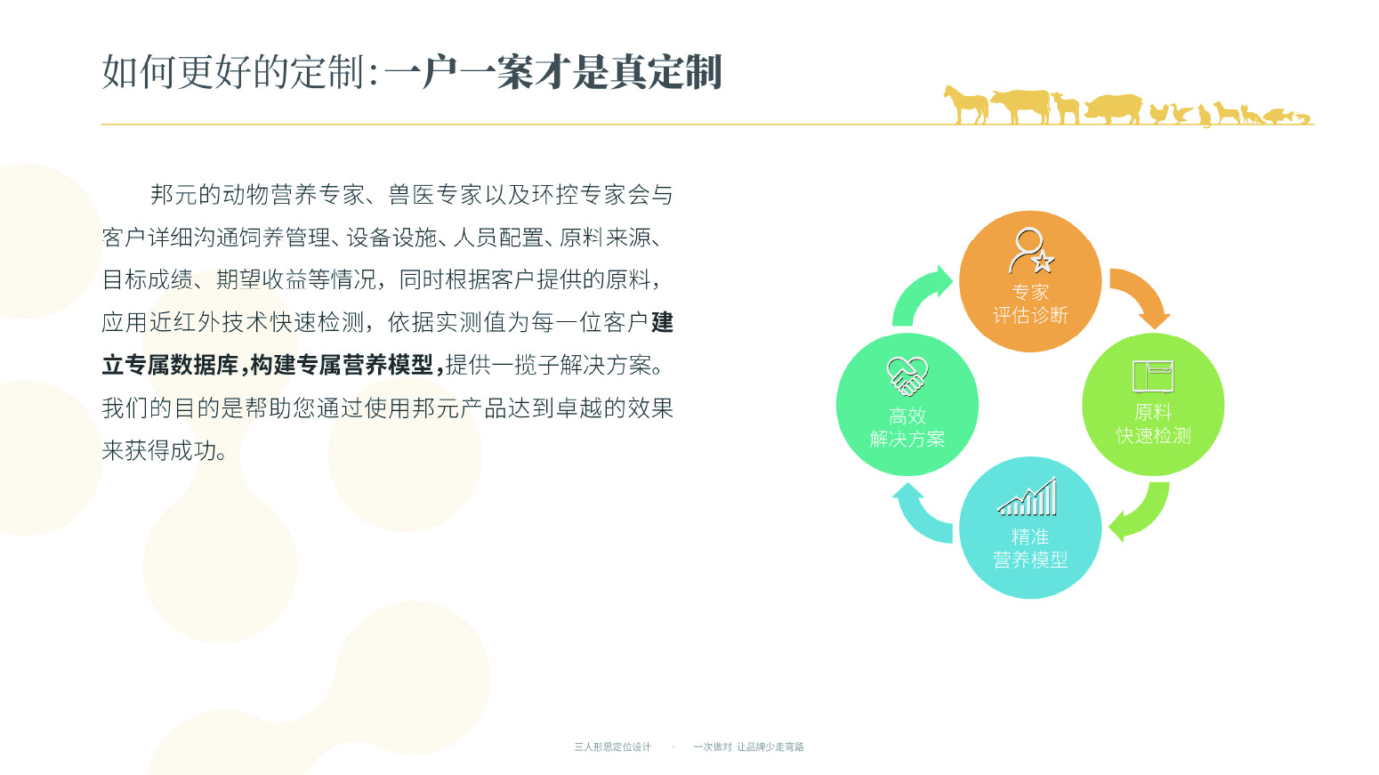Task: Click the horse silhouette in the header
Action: pos(966,105)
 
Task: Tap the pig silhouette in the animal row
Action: pos(1112,109)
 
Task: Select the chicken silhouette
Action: pos(1158,114)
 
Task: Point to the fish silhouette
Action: pos(1278,116)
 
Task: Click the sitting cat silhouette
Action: pos(1204,116)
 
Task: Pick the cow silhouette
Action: pos(1020,106)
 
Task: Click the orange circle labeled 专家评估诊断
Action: pos(1030,281)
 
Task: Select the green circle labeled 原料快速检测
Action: pos(1153,405)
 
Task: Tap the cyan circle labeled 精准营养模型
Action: pos(1030,528)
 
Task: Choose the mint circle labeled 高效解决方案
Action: pos(907,405)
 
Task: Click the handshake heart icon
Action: pos(907,376)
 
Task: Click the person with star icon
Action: pos(1031,251)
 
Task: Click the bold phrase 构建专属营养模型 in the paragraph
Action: pos(341,365)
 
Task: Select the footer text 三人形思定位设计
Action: pos(613,747)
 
